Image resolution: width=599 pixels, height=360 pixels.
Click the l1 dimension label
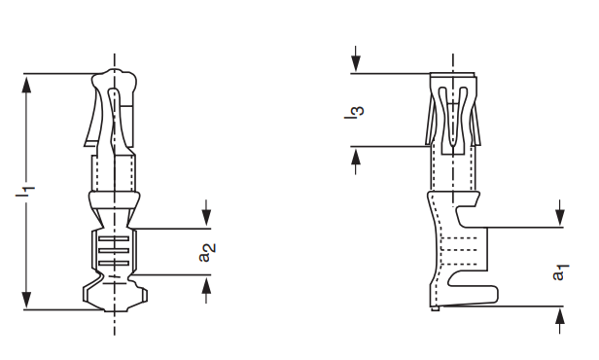(25, 191)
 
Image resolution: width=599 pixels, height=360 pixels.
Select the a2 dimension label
(207, 253)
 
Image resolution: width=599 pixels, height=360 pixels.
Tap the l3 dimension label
(354, 112)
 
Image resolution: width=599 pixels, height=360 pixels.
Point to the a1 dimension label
(560, 272)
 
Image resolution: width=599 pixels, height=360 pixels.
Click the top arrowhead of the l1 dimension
(26, 84)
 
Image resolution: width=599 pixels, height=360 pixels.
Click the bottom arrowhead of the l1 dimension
(26, 301)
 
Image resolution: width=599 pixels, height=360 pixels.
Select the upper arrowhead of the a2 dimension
(206, 219)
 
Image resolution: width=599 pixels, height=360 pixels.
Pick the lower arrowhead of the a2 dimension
(206, 284)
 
